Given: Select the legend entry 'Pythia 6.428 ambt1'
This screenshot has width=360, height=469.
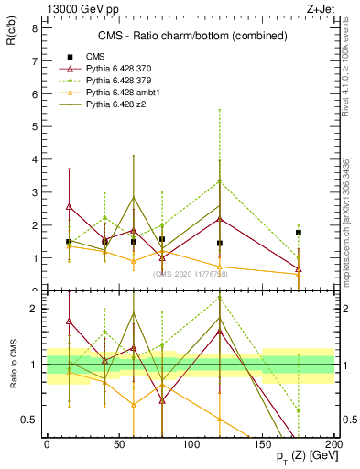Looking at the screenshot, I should pos(125,93).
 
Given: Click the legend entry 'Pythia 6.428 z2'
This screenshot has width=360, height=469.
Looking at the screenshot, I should pos(119,105).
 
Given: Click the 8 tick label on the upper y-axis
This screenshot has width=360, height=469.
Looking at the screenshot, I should pos(34,28).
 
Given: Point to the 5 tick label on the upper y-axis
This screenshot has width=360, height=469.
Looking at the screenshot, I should pos(34,126).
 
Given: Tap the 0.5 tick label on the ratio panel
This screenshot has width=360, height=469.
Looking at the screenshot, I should pos(29,420).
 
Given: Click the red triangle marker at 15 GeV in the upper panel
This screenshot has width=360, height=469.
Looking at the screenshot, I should pos(69,207).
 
